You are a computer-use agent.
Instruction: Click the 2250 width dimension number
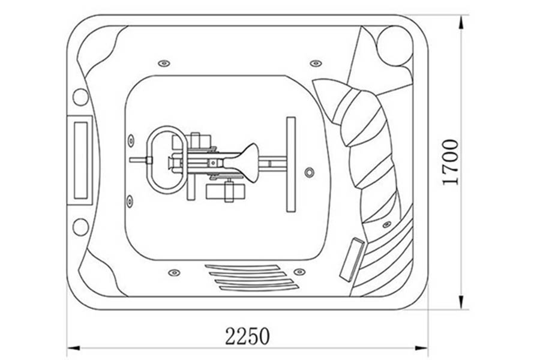pyautogui.click(x=247, y=336)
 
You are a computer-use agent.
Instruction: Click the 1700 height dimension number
pyautogui.click(x=451, y=162)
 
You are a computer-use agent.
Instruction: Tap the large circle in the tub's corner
pyautogui.click(x=395, y=46)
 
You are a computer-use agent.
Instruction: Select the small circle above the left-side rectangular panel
pyautogui.click(x=80, y=97)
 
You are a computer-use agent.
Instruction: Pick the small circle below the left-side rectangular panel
pyautogui.click(x=80, y=227)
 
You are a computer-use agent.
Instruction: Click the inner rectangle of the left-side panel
pyautogui.click(x=81, y=161)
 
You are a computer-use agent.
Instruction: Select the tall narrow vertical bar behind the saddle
pyautogui.click(x=291, y=164)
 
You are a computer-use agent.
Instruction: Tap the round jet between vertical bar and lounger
pyautogui.click(x=309, y=172)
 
